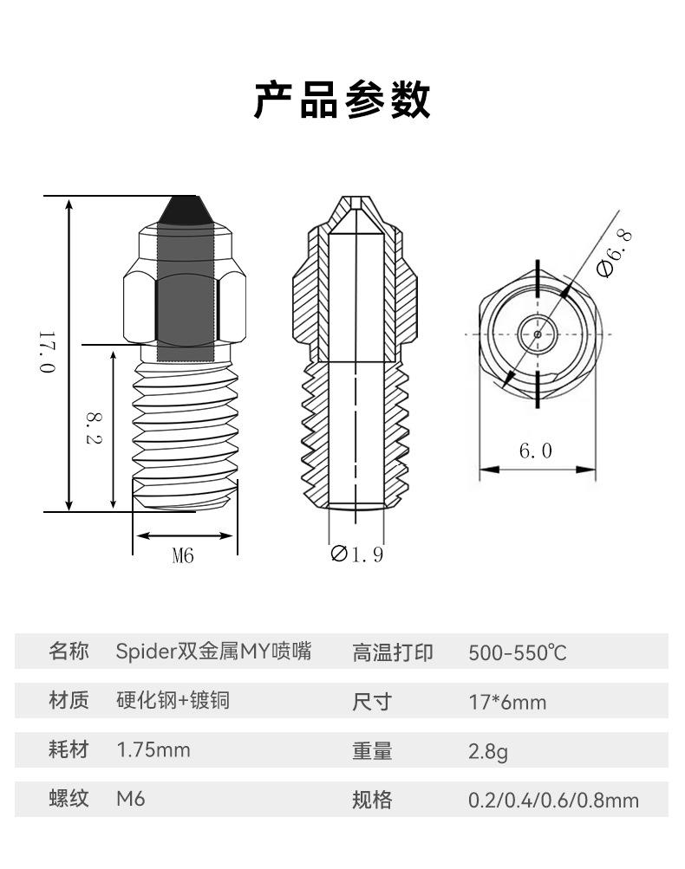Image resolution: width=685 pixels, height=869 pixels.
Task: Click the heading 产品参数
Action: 342,101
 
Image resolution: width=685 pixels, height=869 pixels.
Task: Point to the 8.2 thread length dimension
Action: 94,427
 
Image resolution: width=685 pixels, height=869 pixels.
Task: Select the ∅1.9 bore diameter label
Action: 356,554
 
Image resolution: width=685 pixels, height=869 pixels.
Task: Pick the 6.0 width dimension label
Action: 535,451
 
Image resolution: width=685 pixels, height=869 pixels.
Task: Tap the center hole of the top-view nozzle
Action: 538,334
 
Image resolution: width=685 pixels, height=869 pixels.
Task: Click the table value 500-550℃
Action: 518,652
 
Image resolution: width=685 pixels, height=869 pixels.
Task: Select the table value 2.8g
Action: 488,751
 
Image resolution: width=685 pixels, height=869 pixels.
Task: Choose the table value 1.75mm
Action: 153,749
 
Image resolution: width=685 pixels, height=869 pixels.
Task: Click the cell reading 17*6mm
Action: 507,702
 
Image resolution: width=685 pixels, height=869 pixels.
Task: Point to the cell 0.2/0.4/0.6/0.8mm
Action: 553,800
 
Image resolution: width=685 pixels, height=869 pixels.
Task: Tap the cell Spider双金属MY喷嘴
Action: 213,652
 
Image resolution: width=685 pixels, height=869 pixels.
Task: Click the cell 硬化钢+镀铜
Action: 173,700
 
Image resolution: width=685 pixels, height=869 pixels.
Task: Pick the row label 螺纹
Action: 68,799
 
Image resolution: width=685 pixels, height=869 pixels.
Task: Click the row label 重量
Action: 372,751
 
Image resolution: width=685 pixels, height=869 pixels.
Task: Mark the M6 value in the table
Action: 130,799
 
